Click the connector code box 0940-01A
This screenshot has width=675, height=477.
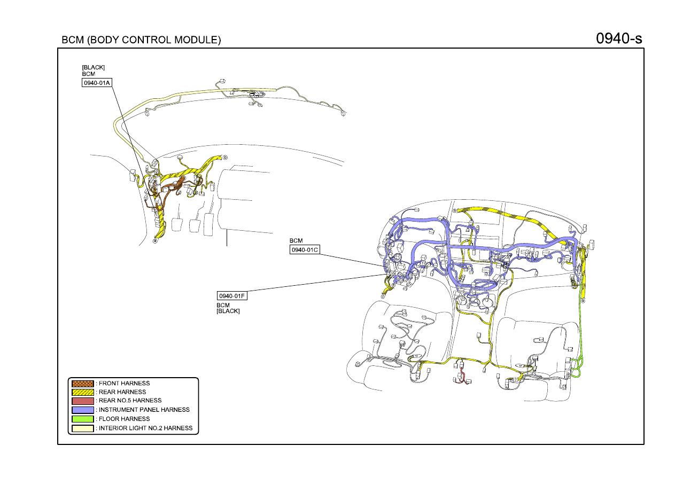97,83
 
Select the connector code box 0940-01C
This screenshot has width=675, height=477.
305,249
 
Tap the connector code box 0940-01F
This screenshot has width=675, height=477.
232,296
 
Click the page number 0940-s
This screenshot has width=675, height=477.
619,38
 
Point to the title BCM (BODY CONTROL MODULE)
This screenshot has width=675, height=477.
141,40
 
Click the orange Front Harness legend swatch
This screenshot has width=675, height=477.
82,384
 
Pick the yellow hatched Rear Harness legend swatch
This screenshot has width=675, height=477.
82,392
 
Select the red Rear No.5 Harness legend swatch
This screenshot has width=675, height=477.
82,401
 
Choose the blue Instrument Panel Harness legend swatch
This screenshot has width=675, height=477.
82,410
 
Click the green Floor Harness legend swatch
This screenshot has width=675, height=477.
82,419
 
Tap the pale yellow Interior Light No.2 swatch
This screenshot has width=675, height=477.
82,428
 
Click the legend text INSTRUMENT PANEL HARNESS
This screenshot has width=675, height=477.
144,410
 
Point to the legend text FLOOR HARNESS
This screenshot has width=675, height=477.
124,419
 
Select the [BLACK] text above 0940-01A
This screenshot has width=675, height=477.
94,67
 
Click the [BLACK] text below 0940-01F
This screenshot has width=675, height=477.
228,311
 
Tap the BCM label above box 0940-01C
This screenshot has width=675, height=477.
296,240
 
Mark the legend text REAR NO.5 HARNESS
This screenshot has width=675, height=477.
130,401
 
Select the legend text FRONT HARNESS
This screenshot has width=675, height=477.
124,384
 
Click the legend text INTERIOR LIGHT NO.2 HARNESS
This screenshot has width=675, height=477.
145,428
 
